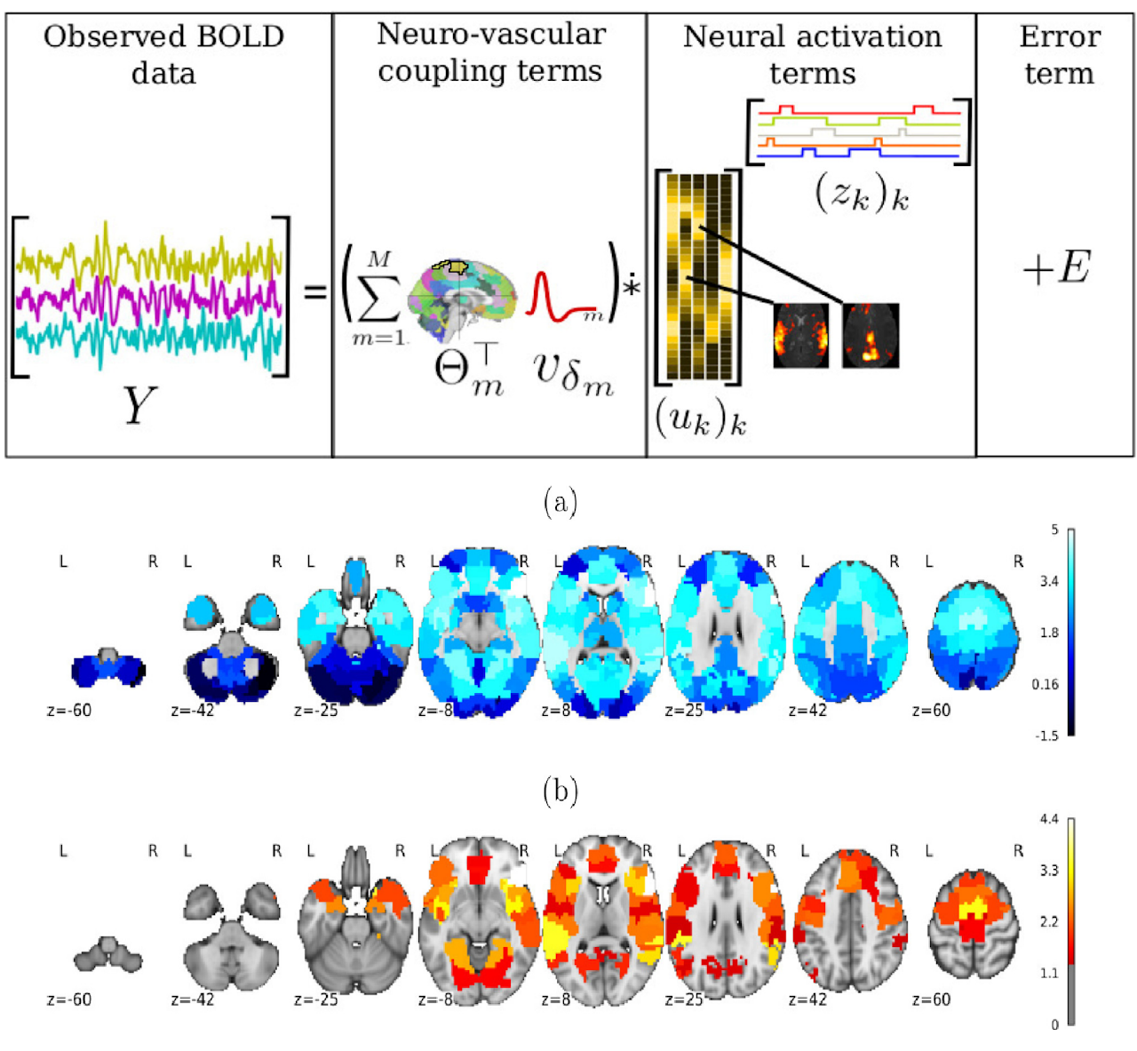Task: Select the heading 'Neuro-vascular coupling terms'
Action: point(490,52)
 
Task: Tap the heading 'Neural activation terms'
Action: point(812,54)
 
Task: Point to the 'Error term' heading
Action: point(1059,54)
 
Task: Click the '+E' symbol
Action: point(1057,267)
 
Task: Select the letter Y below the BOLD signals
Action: point(139,407)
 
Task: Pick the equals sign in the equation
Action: point(315,291)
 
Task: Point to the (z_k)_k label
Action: point(862,195)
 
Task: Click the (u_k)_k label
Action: point(700,418)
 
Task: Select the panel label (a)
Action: point(560,503)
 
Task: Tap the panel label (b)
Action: point(560,790)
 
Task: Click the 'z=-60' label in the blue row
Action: point(69,711)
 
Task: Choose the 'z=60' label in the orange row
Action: point(931,999)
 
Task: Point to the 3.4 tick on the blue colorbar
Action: point(1049,582)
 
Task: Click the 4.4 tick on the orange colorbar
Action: point(1049,819)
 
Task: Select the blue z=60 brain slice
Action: point(974,636)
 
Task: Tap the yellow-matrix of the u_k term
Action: point(699,275)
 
